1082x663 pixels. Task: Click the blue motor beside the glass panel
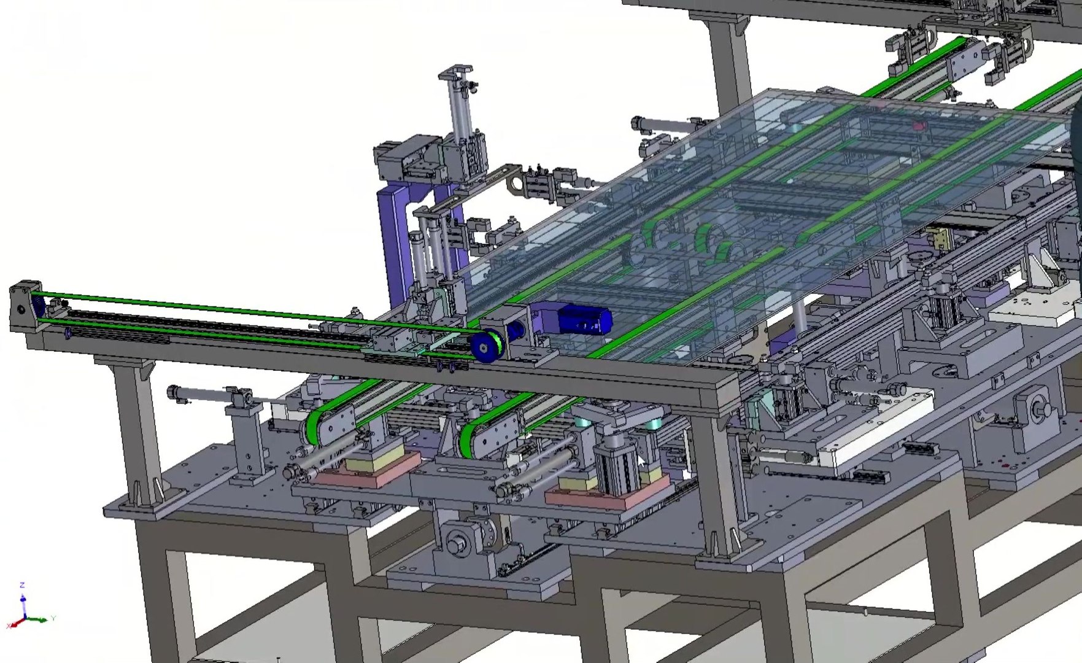583,320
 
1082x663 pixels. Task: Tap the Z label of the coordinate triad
22,584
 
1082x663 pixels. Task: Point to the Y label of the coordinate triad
53,618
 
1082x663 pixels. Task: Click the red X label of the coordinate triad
9,626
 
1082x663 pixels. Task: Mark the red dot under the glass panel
919,126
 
